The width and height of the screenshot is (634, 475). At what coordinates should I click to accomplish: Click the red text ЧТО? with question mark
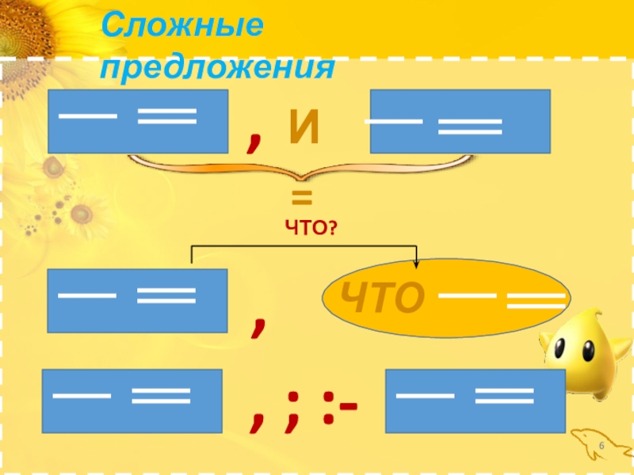click(311, 228)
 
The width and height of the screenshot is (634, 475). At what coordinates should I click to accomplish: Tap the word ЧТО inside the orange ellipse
click(384, 298)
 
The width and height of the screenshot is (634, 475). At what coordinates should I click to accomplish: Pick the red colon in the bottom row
click(326, 410)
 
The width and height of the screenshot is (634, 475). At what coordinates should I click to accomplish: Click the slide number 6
click(602, 449)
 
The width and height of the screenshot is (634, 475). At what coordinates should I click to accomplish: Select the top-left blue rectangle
click(138, 120)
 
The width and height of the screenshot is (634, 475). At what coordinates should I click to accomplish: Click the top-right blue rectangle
click(460, 121)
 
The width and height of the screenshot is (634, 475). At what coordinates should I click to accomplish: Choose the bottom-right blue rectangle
click(475, 401)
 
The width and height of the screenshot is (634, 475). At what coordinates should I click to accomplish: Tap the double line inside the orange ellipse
click(536, 300)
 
